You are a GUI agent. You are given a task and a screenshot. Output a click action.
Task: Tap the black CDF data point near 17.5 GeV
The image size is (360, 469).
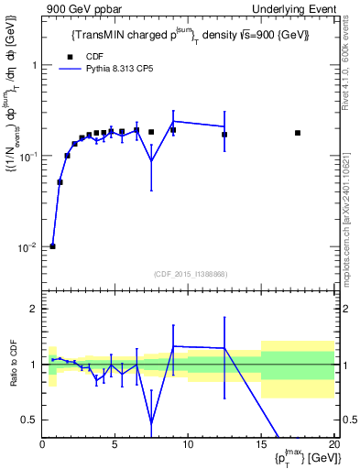tap(298, 133)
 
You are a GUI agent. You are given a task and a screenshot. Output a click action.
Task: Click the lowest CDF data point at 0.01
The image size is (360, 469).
tap(52, 246)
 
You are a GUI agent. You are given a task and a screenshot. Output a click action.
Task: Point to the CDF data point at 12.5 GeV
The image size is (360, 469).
tap(224, 135)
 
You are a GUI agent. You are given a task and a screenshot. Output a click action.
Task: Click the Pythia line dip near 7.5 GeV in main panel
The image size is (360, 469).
tap(151, 161)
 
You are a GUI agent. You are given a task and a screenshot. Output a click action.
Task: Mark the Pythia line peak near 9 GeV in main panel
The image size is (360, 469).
tap(173, 121)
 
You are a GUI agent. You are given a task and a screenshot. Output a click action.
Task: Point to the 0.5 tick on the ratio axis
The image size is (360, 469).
tap(31, 420)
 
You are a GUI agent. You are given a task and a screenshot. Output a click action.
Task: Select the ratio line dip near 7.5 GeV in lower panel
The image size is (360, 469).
tap(151, 422)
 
